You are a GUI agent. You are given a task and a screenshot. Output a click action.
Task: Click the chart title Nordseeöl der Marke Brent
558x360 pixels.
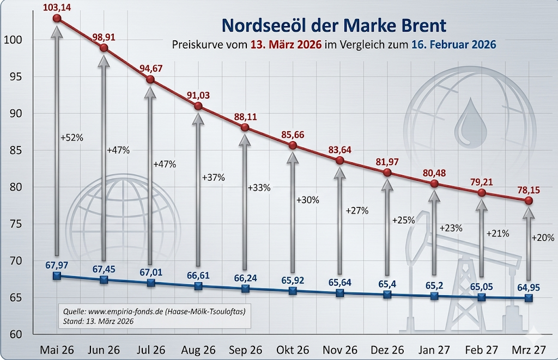[x=333, y=25]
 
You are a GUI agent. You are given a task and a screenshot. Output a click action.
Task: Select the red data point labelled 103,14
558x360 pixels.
[x=57, y=18]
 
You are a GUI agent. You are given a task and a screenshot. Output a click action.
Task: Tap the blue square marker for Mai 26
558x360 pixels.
[x=57, y=276]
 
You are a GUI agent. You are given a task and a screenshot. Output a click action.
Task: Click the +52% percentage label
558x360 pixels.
[x=72, y=138]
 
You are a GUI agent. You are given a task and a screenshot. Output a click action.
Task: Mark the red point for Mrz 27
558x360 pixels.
[x=529, y=200]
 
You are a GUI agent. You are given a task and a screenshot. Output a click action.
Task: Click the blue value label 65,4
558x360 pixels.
[x=387, y=283]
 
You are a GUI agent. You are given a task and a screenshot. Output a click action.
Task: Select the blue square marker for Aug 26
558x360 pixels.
[x=198, y=286]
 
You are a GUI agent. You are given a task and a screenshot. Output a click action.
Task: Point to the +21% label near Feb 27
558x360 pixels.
[x=498, y=234]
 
